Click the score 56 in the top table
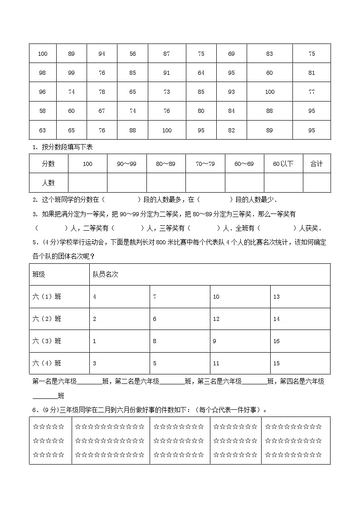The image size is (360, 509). (132, 53)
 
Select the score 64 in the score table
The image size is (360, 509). (201, 73)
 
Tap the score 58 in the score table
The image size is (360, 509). (43, 111)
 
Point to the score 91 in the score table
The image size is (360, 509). (166, 73)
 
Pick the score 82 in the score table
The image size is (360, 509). (231, 130)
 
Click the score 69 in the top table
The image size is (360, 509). (231, 53)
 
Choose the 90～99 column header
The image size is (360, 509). (126, 164)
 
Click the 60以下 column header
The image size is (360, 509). (283, 164)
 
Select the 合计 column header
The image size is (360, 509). (316, 164)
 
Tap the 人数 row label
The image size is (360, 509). (48, 183)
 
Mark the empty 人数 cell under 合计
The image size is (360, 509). (316, 183)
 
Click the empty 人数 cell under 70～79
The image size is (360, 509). (205, 183)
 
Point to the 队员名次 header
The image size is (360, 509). (105, 275)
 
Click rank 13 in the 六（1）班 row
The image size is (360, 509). (277, 297)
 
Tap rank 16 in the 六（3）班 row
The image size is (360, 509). (277, 341)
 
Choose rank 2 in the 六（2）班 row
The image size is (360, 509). (94, 319)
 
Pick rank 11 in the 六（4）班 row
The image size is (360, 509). (216, 363)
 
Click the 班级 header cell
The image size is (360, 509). (39, 275)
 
